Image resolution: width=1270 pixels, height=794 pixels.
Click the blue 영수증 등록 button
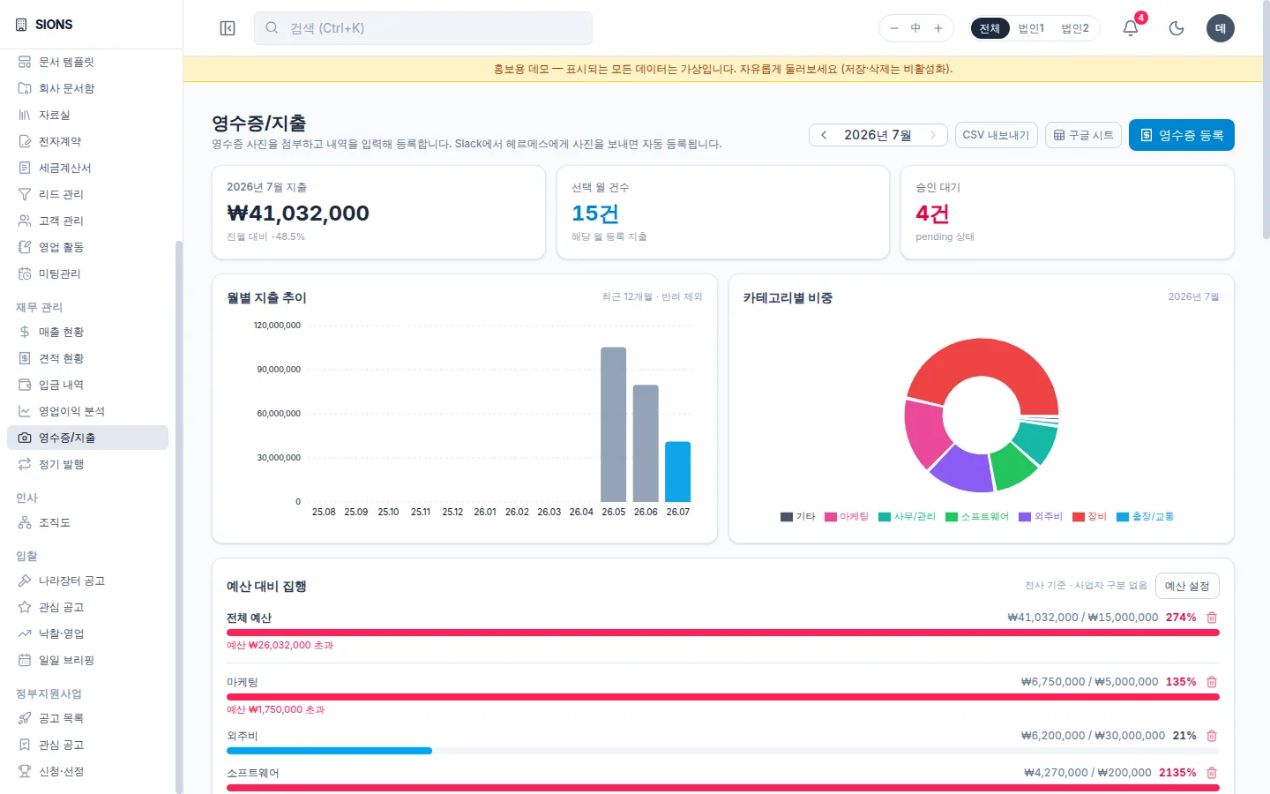1181,135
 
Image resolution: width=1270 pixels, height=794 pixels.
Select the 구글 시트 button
1083,135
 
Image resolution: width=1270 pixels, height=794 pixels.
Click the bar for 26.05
614,424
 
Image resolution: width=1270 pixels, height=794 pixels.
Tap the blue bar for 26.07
677,471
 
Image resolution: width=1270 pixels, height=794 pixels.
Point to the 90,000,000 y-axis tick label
279,369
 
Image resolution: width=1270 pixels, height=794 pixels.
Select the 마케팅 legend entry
847,517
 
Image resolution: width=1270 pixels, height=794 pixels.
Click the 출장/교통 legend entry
1146,517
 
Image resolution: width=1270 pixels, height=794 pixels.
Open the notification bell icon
1131,28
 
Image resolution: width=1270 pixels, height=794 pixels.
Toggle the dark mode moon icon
1177,28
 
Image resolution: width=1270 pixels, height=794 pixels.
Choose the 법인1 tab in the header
1031,28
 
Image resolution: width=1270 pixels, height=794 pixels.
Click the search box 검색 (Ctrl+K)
423,28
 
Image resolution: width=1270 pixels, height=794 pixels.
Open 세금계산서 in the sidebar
64,168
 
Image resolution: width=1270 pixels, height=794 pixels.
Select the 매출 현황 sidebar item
61,332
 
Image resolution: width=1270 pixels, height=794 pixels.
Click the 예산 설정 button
1187,586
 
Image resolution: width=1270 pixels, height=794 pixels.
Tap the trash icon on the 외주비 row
1212,736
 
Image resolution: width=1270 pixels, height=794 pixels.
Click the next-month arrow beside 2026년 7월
933,135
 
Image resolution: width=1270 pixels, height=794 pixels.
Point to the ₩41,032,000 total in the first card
298,213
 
